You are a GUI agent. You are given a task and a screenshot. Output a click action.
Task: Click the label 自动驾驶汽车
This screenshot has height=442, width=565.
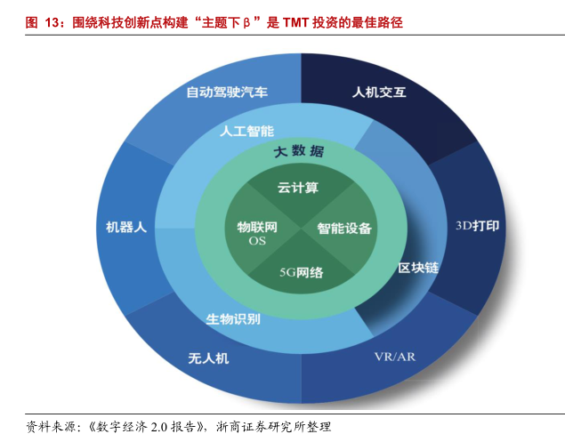(227, 92)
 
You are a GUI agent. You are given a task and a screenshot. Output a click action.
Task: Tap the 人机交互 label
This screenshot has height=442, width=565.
(379, 92)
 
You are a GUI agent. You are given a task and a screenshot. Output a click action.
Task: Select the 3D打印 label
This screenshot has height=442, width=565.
(478, 226)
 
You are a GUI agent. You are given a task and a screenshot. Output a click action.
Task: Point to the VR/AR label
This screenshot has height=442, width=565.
(395, 357)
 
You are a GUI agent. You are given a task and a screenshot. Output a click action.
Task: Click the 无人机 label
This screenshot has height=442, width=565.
(208, 358)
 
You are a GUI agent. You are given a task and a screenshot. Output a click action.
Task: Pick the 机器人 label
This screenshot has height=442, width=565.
(126, 227)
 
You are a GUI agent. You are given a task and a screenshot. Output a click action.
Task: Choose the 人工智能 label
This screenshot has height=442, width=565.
(246, 131)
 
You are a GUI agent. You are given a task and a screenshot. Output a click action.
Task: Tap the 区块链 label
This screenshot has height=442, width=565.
(418, 268)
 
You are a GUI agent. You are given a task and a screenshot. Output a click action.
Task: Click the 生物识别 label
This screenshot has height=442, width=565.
(233, 318)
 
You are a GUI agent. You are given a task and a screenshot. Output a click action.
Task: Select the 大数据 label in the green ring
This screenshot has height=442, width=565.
(299, 151)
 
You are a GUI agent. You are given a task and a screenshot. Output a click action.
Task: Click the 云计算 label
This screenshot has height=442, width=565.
(298, 188)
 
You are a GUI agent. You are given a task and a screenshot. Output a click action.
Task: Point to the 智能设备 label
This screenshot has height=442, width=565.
(344, 228)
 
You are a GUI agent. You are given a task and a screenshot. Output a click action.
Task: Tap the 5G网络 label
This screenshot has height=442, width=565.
(302, 272)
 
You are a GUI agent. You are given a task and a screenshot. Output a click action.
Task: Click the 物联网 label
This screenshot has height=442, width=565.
(257, 227)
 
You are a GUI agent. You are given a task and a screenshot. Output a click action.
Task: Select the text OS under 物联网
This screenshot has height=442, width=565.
(257, 241)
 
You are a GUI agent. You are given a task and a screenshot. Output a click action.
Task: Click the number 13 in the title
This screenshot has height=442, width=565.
(52, 23)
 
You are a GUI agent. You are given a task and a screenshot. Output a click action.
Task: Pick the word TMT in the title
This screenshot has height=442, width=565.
(295, 23)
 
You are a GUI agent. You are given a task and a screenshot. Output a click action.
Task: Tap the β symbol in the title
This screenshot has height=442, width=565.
(246, 23)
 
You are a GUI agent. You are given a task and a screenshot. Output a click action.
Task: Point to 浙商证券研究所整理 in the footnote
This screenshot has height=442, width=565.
(273, 427)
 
